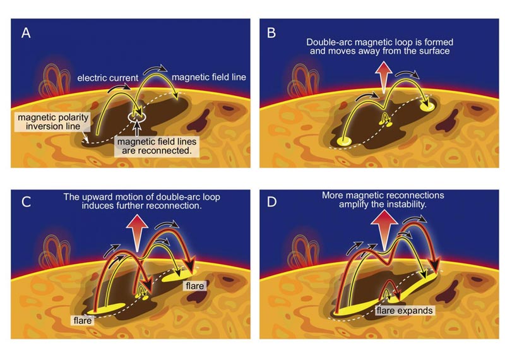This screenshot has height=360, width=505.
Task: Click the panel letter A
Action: [26, 33]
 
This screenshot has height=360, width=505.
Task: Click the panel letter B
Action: [271, 33]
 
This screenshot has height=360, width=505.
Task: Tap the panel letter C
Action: [26, 201]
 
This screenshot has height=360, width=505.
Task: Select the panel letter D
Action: [272, 201]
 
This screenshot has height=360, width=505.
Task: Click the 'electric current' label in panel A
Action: [107, 78]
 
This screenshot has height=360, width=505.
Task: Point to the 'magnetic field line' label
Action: [209, 77]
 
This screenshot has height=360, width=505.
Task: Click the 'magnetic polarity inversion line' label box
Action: [53, 122]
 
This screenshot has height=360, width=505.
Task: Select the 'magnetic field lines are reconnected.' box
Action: [157, 147]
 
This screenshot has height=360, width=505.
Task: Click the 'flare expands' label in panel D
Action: [405, 311]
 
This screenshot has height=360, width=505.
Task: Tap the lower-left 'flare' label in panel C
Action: [83, 321]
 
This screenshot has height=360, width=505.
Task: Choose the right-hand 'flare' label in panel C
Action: [194, 286]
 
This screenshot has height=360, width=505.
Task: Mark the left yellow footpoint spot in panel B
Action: [344, 141]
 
